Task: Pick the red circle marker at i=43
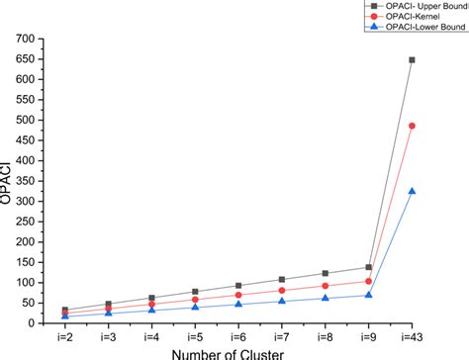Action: (412, 126)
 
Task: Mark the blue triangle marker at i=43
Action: (412, 191)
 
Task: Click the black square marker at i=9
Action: (369, 267)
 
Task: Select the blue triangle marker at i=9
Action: (369, 295)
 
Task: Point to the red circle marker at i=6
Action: (238, 295)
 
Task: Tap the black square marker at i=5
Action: (195, 292)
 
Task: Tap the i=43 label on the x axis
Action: (412, 336)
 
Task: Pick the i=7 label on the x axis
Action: (282, 336)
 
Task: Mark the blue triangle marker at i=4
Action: (151, 310)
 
